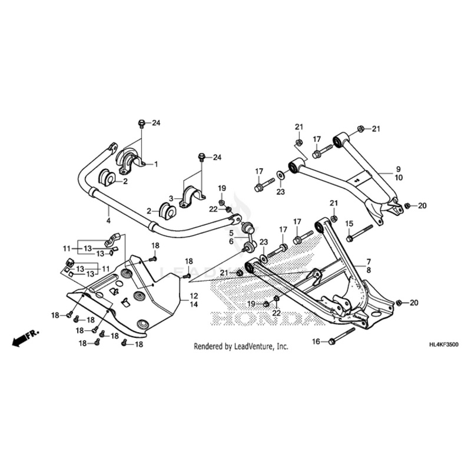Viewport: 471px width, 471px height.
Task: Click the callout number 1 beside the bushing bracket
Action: pyautogui.click(x=157, y=164)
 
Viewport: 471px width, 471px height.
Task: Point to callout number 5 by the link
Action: pyautogui.click(x=231, y=233)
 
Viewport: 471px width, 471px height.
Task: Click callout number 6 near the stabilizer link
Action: pyautogui.click(x=231, y=241)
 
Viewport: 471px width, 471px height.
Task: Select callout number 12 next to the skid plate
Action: pyautogui.click(x=194, y=294)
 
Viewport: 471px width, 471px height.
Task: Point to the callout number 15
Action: pyautogui.click(x=349, y=224)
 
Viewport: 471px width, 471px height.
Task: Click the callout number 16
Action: pyautogui.click(x=316, y=341)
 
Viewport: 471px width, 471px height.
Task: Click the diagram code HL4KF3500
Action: pyautogui.click(x=441, y=345)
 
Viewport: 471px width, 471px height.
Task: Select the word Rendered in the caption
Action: pyautogui.click(x=209, y=347)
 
